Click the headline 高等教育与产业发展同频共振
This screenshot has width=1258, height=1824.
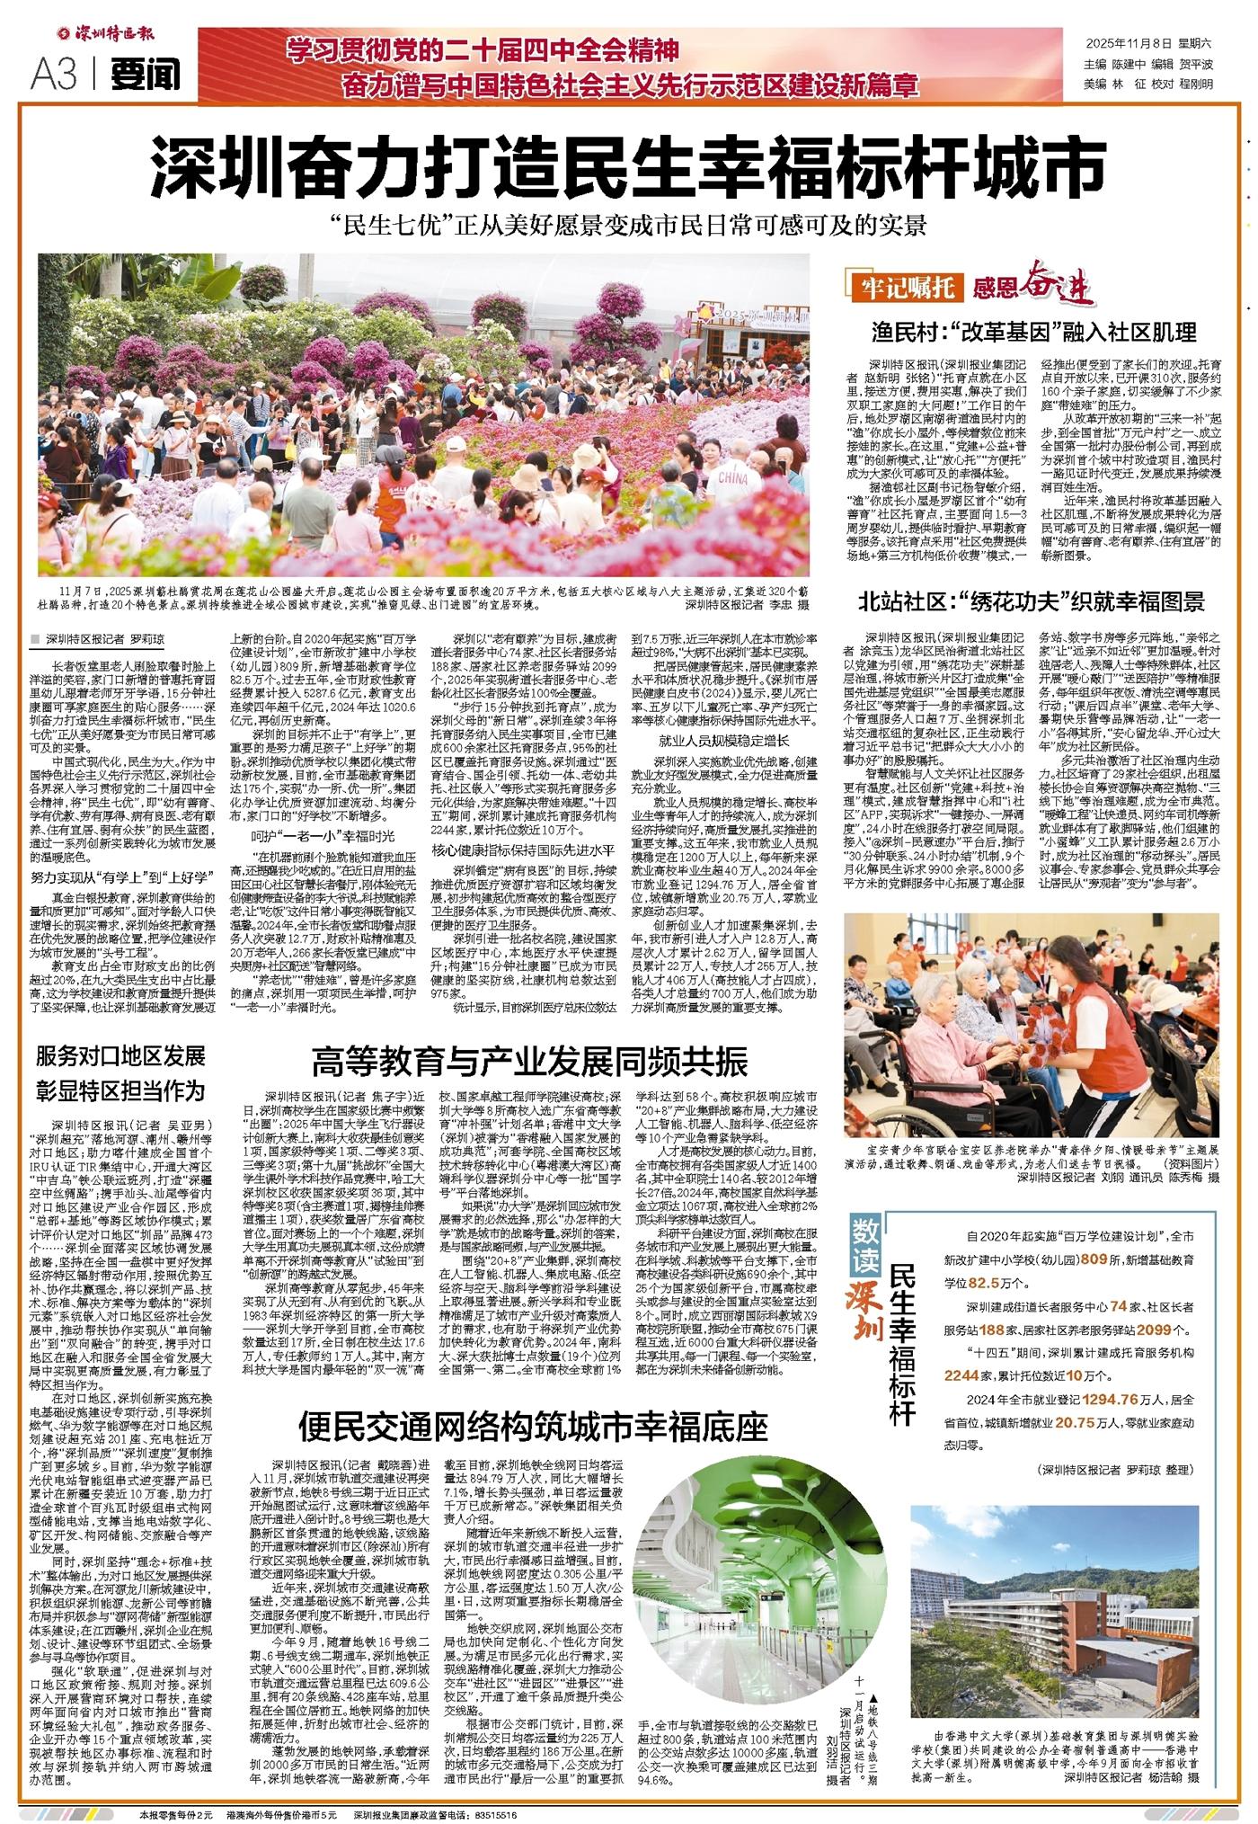coord(529,1061)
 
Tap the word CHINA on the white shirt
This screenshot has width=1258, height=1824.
coord(733,478)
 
